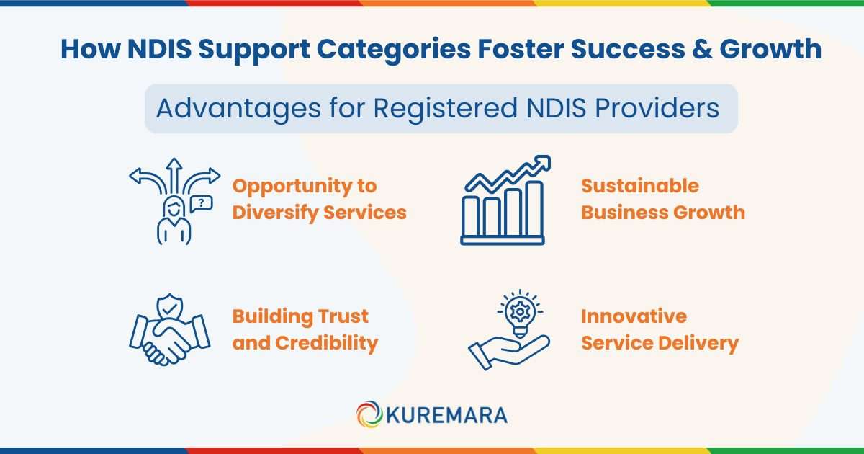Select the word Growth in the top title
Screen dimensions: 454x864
[777, 49]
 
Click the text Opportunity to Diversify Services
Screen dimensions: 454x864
[319, 199]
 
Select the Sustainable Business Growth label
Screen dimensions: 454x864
[662, 199]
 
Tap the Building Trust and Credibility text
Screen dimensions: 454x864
[305, 329]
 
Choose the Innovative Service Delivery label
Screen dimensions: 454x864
[660, 329]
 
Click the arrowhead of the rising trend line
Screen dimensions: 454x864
[543, 162]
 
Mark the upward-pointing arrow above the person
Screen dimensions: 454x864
[174, 173]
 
